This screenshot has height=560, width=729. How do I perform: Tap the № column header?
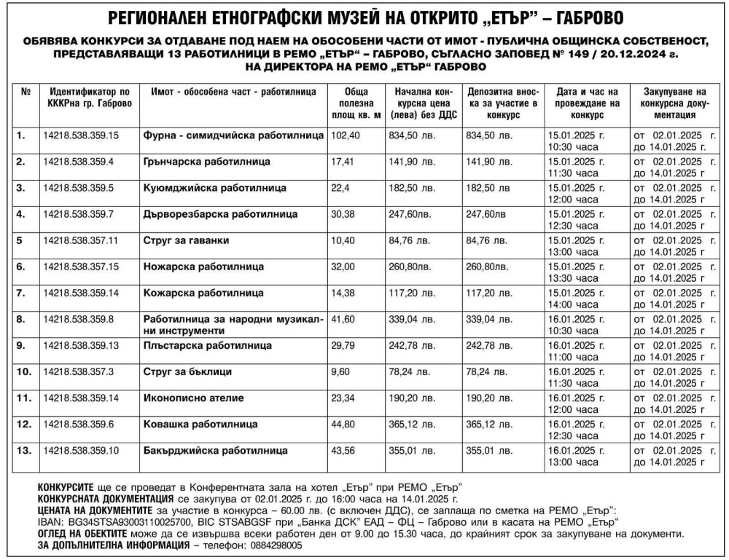click(x=26, y=92)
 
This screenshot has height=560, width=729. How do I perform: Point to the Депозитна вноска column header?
click(x=503, y=103)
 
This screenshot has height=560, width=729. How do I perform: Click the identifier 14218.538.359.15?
click(x=81, y=135)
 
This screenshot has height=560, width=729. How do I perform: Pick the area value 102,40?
click(x=346, y=135)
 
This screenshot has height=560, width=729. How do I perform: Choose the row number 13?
click(x=25, y=450)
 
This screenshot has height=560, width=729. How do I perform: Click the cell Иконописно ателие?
click(x=194, y=398)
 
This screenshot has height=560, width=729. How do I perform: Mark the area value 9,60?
click(x=341, y=371)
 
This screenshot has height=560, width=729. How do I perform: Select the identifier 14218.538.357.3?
click(x=78, y=371)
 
